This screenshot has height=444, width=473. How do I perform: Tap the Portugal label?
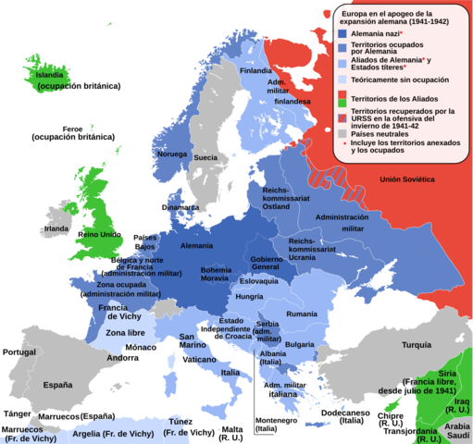point(20,351)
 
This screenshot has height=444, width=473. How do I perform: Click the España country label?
point(58,384)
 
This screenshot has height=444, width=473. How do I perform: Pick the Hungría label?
point(250,297)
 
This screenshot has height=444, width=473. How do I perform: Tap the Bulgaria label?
point(299,344)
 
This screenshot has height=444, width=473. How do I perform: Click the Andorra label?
point(122,358)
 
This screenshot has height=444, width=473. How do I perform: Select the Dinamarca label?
point(180,208)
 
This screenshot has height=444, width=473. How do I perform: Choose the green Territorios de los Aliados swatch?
point(342,96)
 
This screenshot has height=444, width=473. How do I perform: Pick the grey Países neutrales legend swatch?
point(342,133)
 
